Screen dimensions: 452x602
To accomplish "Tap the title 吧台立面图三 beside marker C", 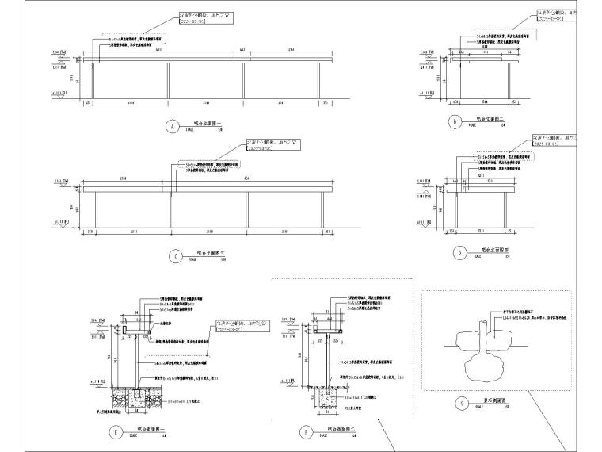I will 208,254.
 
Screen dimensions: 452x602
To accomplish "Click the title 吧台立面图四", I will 493,250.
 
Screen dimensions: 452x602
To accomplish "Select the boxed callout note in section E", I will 232,327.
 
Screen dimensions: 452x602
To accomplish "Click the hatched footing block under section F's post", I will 327,393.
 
